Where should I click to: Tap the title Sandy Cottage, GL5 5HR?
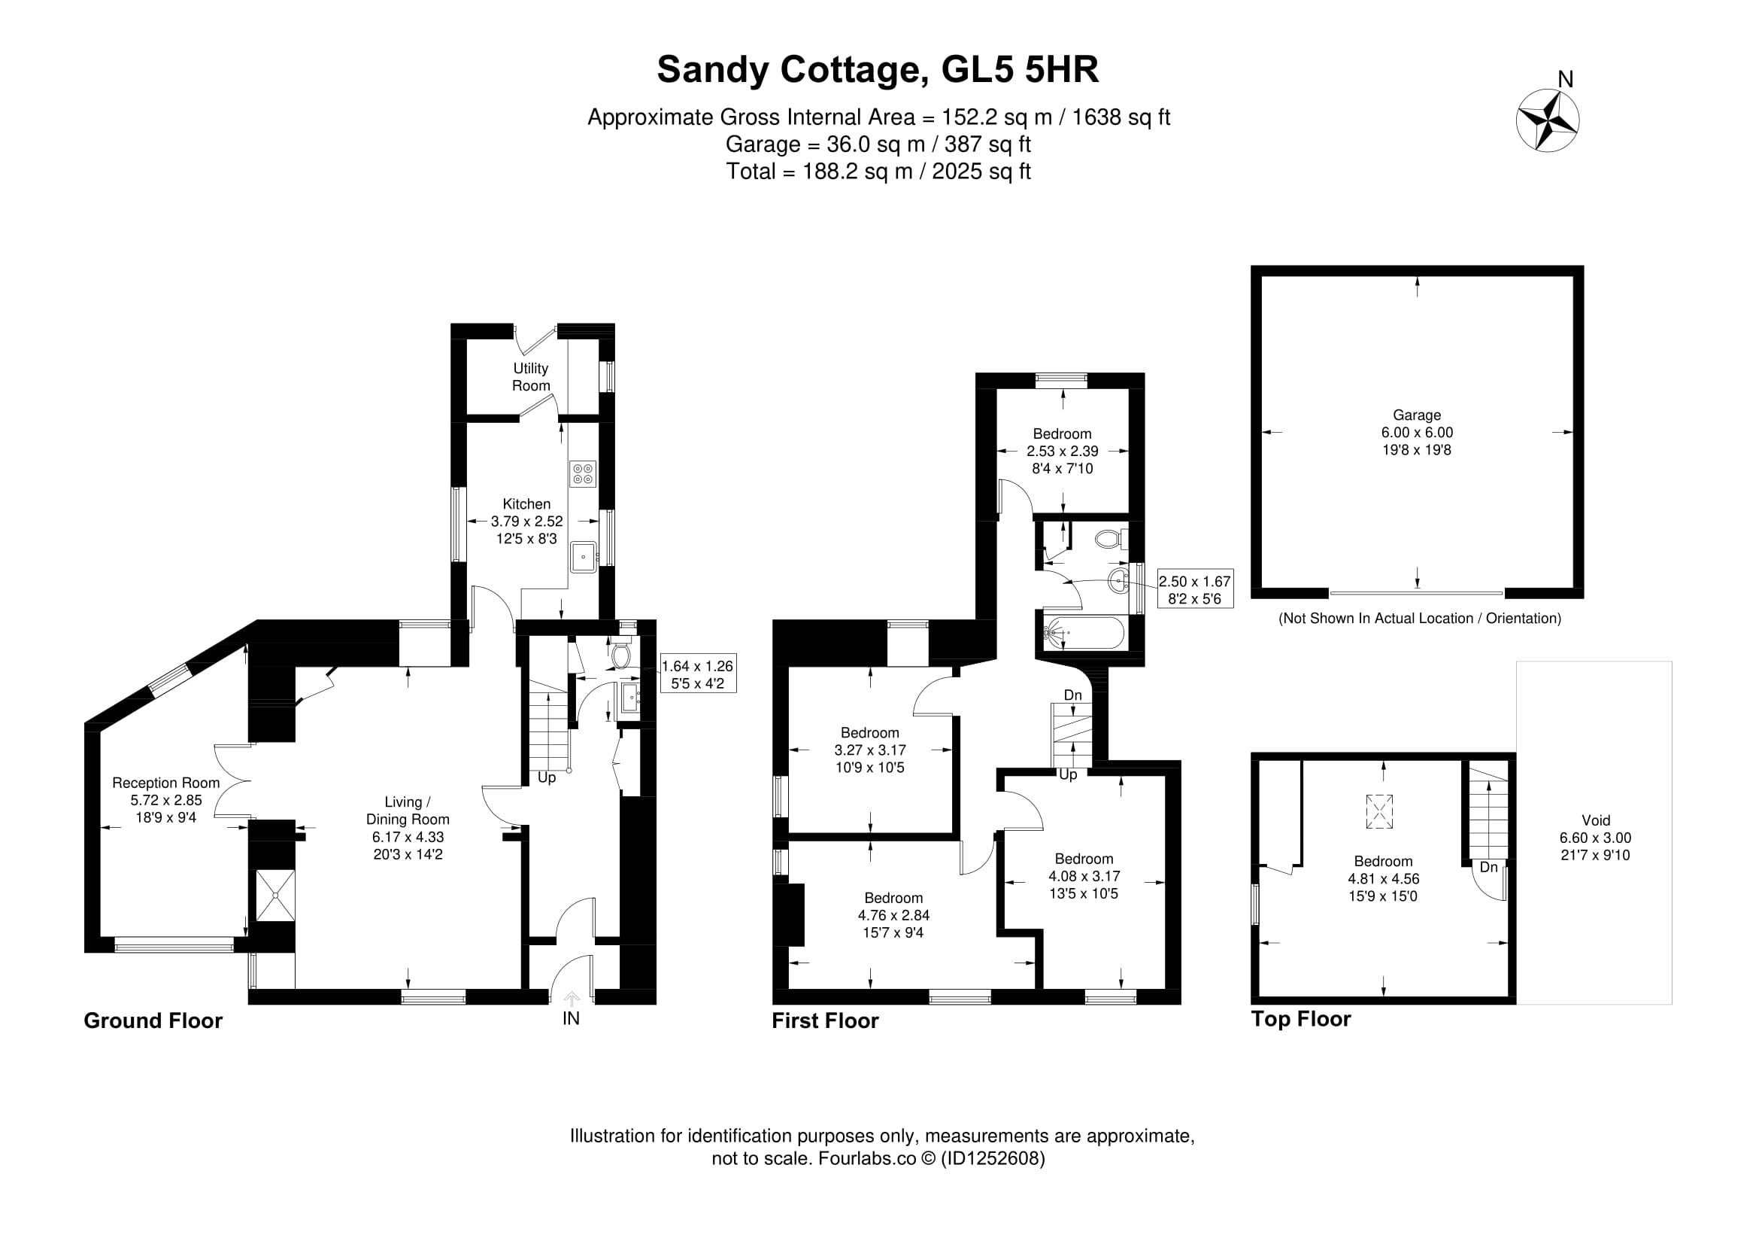[x=878, y=70]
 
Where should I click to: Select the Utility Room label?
[x=531, y=377]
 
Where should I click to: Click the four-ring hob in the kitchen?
[x=582, y=473]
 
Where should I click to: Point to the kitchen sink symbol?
[x=584, y=556]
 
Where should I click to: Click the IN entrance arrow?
[x=572, y=999]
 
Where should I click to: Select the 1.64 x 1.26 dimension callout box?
[x=697, y=674]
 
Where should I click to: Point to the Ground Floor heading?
[x=153, y=1021]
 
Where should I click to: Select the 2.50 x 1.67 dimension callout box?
[x=1195, y=589]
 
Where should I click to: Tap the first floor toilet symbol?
[x=1112, y=540]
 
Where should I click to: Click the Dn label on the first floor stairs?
[x=1073, y=695]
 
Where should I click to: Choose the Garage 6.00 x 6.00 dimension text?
[x=1418, y=432]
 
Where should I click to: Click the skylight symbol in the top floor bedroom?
[x=1379, y=812]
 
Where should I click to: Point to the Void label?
[x=1596, y=820]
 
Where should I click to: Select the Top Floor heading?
[x=1301, y=1020]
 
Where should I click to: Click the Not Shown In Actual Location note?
[x=1420, y=619]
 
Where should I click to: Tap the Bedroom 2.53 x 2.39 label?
[x=1063, y=451]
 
